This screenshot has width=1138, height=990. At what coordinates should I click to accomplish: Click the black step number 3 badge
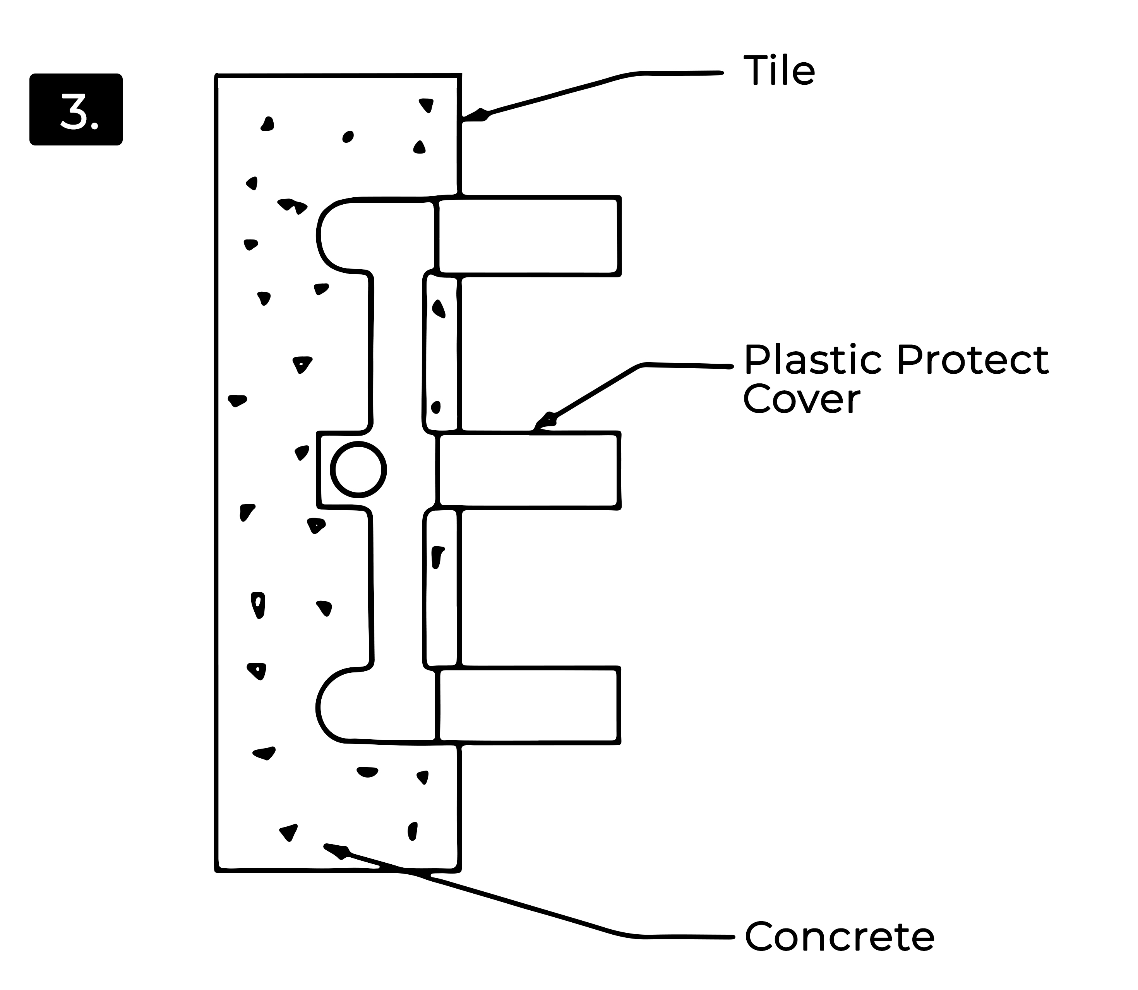pos(76,109)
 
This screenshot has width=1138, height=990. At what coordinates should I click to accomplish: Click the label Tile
pos(779,71)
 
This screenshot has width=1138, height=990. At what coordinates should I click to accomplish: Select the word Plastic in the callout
pos(815,360)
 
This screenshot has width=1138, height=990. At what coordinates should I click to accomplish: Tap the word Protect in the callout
pos(972,360)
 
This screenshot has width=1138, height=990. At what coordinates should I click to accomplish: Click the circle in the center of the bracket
pos(358,470)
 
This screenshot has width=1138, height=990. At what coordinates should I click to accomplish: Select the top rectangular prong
pos(528,236)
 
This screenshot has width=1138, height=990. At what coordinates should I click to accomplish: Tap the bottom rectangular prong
pos(528,706)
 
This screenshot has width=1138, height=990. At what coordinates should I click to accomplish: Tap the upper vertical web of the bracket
pos(397,354)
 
